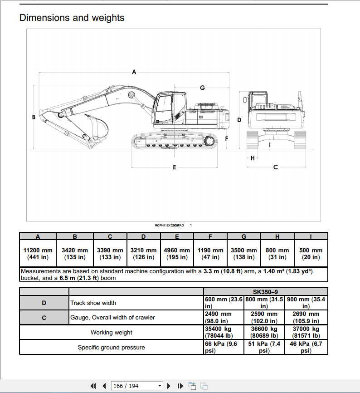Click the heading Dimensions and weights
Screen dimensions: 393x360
72,18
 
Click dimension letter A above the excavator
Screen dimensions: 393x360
134,72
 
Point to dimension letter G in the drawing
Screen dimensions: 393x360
202,87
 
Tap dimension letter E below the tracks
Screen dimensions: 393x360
175,167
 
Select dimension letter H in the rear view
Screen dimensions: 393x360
253,158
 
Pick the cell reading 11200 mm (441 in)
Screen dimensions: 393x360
38,254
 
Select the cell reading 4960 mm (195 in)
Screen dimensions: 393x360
177,254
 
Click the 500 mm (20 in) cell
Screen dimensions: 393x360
311,254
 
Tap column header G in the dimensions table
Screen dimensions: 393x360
244,236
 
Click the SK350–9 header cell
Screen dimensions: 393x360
265,292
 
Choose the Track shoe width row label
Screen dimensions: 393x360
93,303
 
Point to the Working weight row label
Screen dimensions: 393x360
111,333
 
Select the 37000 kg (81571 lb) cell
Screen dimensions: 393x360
306,333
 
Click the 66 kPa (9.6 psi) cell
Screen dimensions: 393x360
224,348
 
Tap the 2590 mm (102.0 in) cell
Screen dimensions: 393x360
264,318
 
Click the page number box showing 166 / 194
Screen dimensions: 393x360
137,386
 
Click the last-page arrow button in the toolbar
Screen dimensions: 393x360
180,386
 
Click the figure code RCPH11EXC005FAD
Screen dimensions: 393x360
169,225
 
